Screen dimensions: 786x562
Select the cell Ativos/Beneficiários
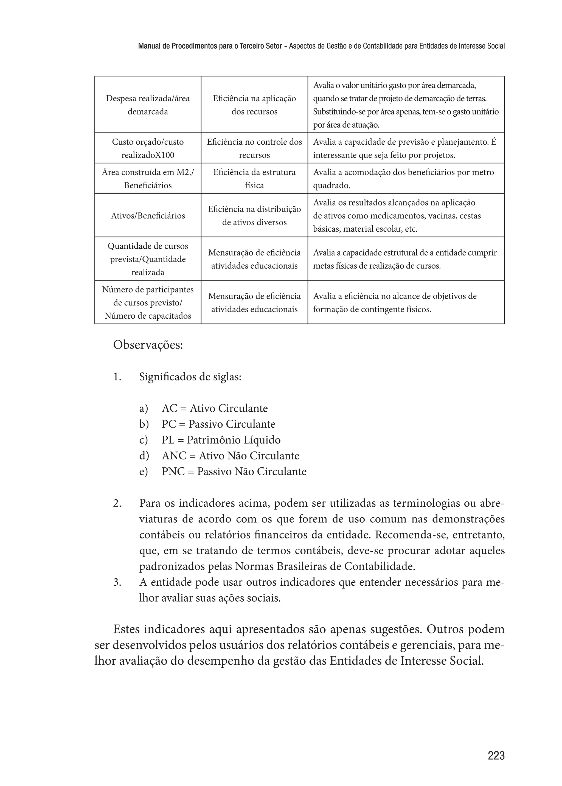point(148,216)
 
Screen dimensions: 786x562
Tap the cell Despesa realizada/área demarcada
point(148,105)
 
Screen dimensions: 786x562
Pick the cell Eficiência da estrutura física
point(254,179)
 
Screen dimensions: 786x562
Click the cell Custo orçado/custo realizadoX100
point(148,148)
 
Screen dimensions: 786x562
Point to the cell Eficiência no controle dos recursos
point(254,148)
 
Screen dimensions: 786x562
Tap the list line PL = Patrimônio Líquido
point(221,440)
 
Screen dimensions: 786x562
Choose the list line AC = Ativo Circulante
point(215,408)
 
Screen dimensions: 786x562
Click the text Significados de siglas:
point(190,377)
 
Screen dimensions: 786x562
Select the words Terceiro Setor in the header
point(261,46)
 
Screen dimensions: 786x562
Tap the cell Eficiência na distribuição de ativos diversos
point(254,216)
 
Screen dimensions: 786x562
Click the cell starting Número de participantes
point(148,302)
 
